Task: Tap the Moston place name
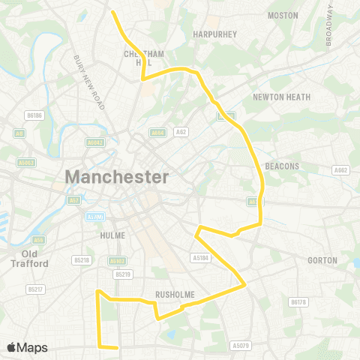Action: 283,15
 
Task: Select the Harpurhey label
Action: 214,34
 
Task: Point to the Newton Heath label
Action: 278,97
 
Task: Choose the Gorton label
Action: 322,260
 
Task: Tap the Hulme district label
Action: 112,235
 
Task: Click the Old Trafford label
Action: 29,259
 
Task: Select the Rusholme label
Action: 175,295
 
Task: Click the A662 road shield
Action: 343,170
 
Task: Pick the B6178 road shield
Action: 298,302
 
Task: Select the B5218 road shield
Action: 82,260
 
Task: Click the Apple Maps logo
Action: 26,347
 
